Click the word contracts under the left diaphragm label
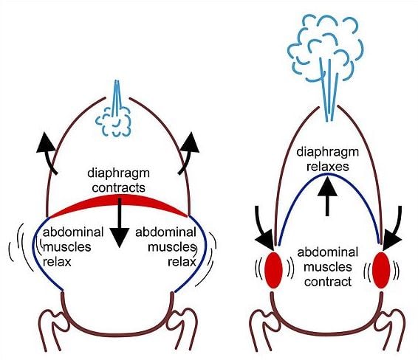tap(119, 187)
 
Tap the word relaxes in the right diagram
tap(328, 167)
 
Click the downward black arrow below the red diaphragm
tap(120, 223)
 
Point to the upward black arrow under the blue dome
tap(327, 196)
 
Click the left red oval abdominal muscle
tap(273, 270)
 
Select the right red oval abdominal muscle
tap(381, 270)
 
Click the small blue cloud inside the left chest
tap(113, 122)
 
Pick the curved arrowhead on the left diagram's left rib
tap(46, 143)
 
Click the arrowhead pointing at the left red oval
tap(265, 241)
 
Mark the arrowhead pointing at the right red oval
tap(391, 241)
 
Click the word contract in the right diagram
tap(328, 282)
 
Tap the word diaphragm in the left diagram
tap(119, 174)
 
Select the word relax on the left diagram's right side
tap(182, 262)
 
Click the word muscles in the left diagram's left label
tap(67, 247)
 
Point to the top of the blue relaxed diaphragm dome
tap(328, 174)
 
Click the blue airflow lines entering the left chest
tap(117, 98)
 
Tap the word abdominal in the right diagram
tap(328, 252)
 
